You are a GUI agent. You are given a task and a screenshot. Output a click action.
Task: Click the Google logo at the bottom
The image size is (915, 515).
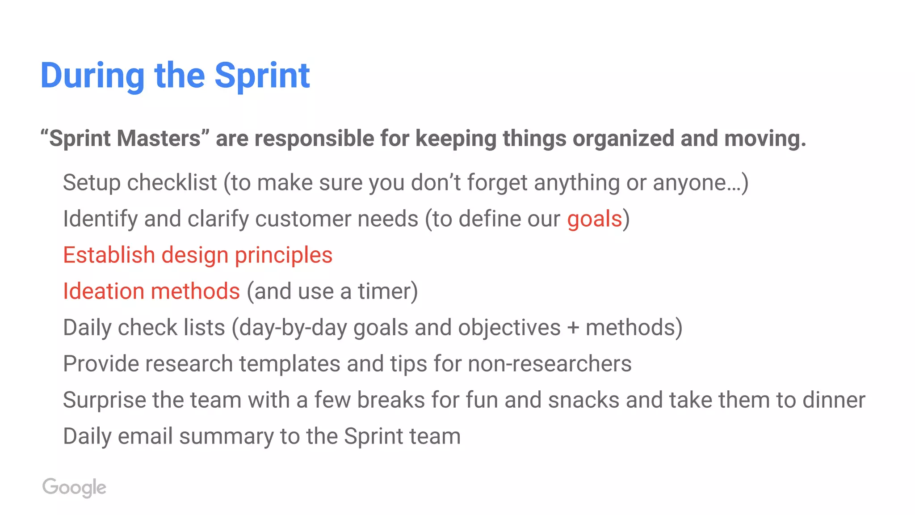[x=74, y=487]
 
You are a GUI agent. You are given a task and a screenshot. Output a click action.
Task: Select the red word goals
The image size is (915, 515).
[x=594, y=219]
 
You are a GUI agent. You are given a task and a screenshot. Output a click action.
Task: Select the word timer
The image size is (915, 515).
[x=387, y=291]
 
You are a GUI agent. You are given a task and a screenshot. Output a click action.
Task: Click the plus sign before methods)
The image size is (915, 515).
[x=573, y=328]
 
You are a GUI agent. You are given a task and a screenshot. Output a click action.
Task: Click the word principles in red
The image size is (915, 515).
[x=284, y=255]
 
